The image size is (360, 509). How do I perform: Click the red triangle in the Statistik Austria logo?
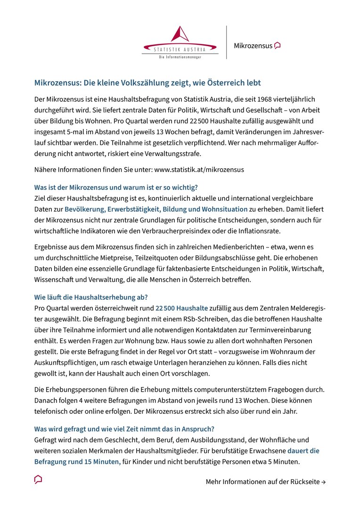[180, 34]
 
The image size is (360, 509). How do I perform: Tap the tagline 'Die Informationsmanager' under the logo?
[180, 57]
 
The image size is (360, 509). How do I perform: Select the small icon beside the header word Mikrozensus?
[278, 46]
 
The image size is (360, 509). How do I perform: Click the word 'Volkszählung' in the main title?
[145, 83]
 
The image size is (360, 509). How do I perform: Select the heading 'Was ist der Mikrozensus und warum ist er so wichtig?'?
[116, 187]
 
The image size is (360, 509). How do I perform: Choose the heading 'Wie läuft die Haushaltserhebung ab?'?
[91, 297]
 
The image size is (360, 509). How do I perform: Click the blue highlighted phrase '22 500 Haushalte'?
[181, 308]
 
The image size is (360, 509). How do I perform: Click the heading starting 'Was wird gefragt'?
[124, 429]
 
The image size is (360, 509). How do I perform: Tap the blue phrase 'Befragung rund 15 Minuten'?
[77, 461]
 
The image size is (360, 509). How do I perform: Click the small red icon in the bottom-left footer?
[38, 479]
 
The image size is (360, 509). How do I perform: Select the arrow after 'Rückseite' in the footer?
[323, 482]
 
